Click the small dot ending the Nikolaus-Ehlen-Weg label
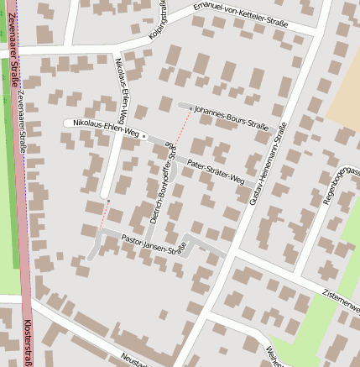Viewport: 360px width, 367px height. point(143,134)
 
